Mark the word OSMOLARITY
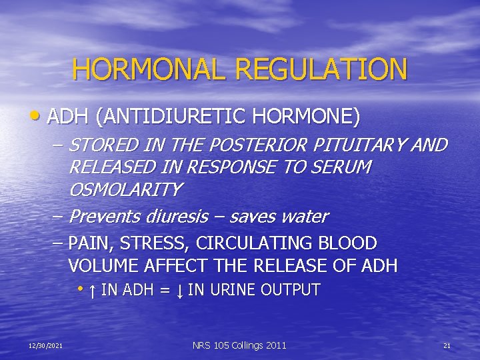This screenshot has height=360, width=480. [x=125, y=190]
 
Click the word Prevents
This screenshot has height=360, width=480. [x=104, y=217]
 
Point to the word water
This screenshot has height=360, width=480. [x=305, y=217]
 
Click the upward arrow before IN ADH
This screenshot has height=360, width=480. [x=91, y=291]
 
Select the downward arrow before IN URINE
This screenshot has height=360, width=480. [x=180, y=291]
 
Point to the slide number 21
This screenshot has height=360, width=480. [x=447, y=345]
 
